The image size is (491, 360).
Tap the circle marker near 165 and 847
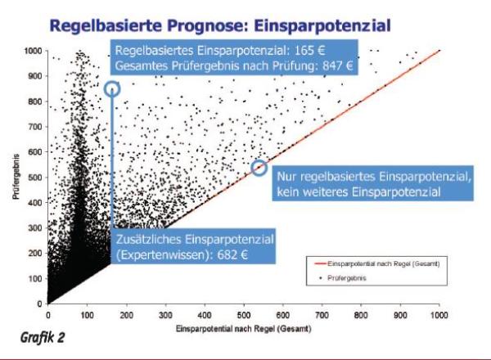[113, 88]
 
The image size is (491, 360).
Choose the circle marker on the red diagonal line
[259, 167]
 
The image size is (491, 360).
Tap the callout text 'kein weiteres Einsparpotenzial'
[359, 192]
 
